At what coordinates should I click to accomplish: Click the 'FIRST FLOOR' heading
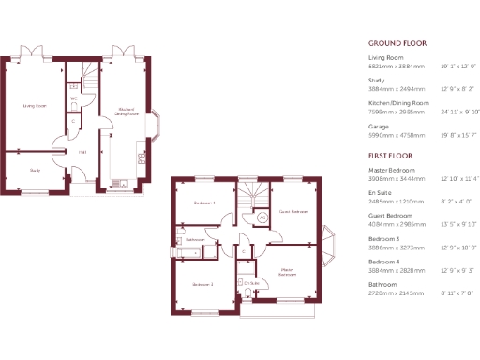(x=391, y=154)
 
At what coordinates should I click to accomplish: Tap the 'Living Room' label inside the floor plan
(x=35, y=106)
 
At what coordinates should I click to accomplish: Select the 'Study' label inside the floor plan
(x=35, y=170)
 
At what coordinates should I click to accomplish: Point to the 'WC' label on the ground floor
(x=73, y=98)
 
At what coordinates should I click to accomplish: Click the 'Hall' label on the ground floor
(x=82, y=152)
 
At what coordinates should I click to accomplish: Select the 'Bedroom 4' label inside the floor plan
(x=204, y=203)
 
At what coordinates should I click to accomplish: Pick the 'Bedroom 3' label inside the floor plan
(x=203, y=284)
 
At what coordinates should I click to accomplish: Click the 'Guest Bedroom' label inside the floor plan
(x=293, y=212)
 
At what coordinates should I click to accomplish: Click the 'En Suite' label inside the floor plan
(x=251, y=282)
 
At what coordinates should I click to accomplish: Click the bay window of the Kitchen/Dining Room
(x=161, y=125)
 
